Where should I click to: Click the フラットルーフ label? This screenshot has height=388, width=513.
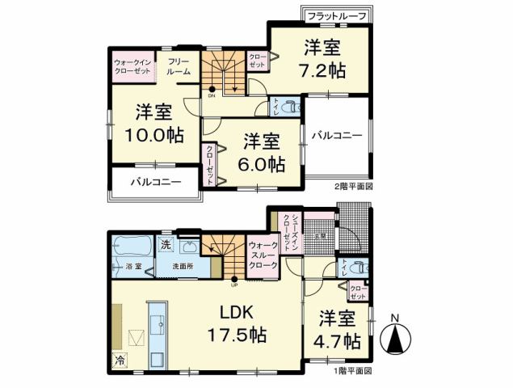tap(338, 16)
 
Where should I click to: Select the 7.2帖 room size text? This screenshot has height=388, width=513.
tap(325, 70)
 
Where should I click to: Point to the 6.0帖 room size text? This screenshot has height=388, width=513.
tap(263, 163)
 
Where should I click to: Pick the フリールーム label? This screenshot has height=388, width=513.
tap(179, 66)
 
